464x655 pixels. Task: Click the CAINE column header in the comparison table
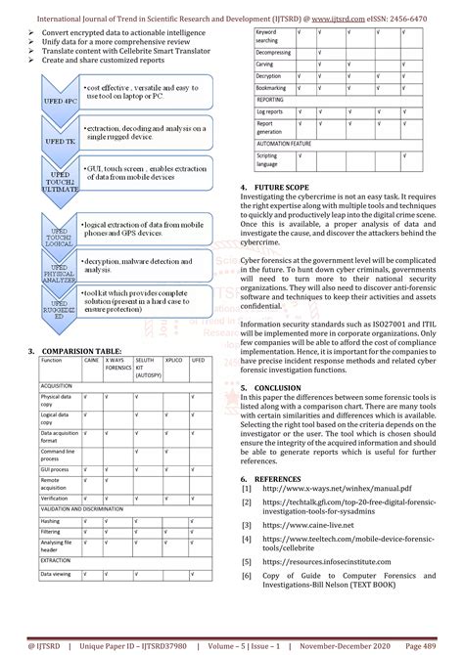tap(91, 360)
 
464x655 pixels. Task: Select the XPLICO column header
tap(175, 360)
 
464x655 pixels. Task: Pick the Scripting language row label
tap(267, 158)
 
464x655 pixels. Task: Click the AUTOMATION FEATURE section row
tap(294, 142)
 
